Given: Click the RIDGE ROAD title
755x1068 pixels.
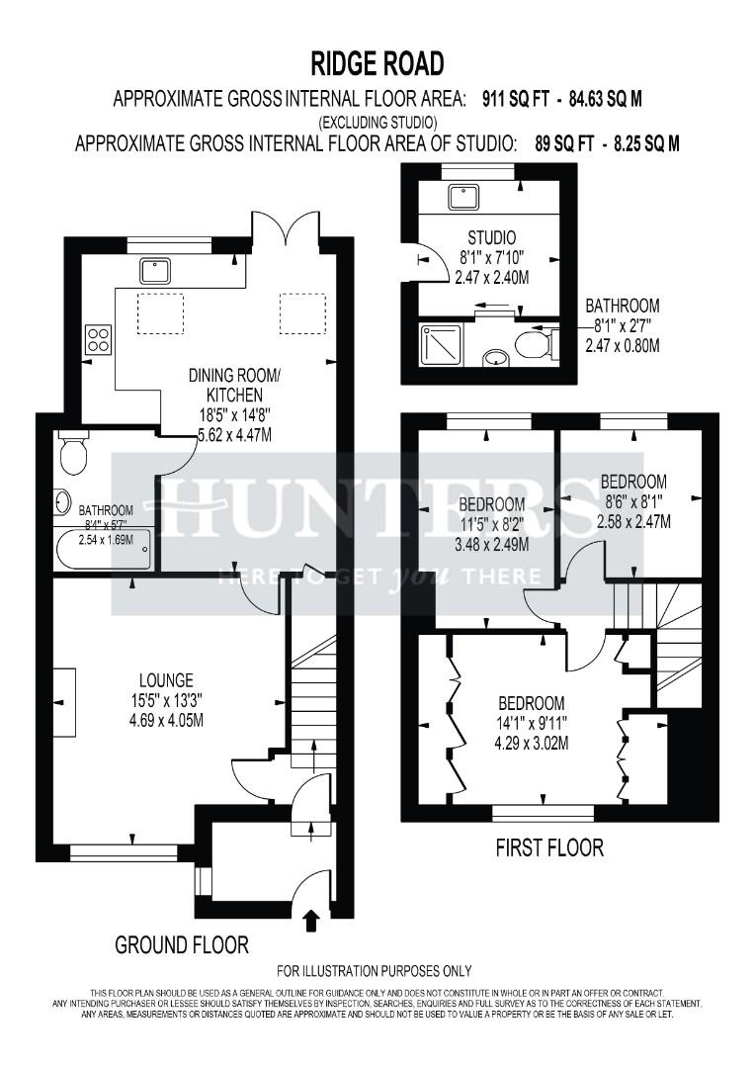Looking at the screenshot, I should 377,64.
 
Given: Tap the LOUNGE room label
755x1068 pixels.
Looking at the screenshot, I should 165,679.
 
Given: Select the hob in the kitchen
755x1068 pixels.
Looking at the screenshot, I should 98,340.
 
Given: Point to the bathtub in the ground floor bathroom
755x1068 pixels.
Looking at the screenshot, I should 104,549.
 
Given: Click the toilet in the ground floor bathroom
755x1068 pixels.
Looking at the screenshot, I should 72,453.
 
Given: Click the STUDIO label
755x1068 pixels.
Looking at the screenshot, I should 491,237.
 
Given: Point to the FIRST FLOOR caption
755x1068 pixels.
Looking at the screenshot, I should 549,847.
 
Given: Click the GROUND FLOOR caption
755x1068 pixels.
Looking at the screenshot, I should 182,944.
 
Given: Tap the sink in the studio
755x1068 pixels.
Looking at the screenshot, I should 459,196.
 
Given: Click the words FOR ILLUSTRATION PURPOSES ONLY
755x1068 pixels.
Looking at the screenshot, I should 374,970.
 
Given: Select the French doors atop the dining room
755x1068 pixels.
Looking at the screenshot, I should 286,229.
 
